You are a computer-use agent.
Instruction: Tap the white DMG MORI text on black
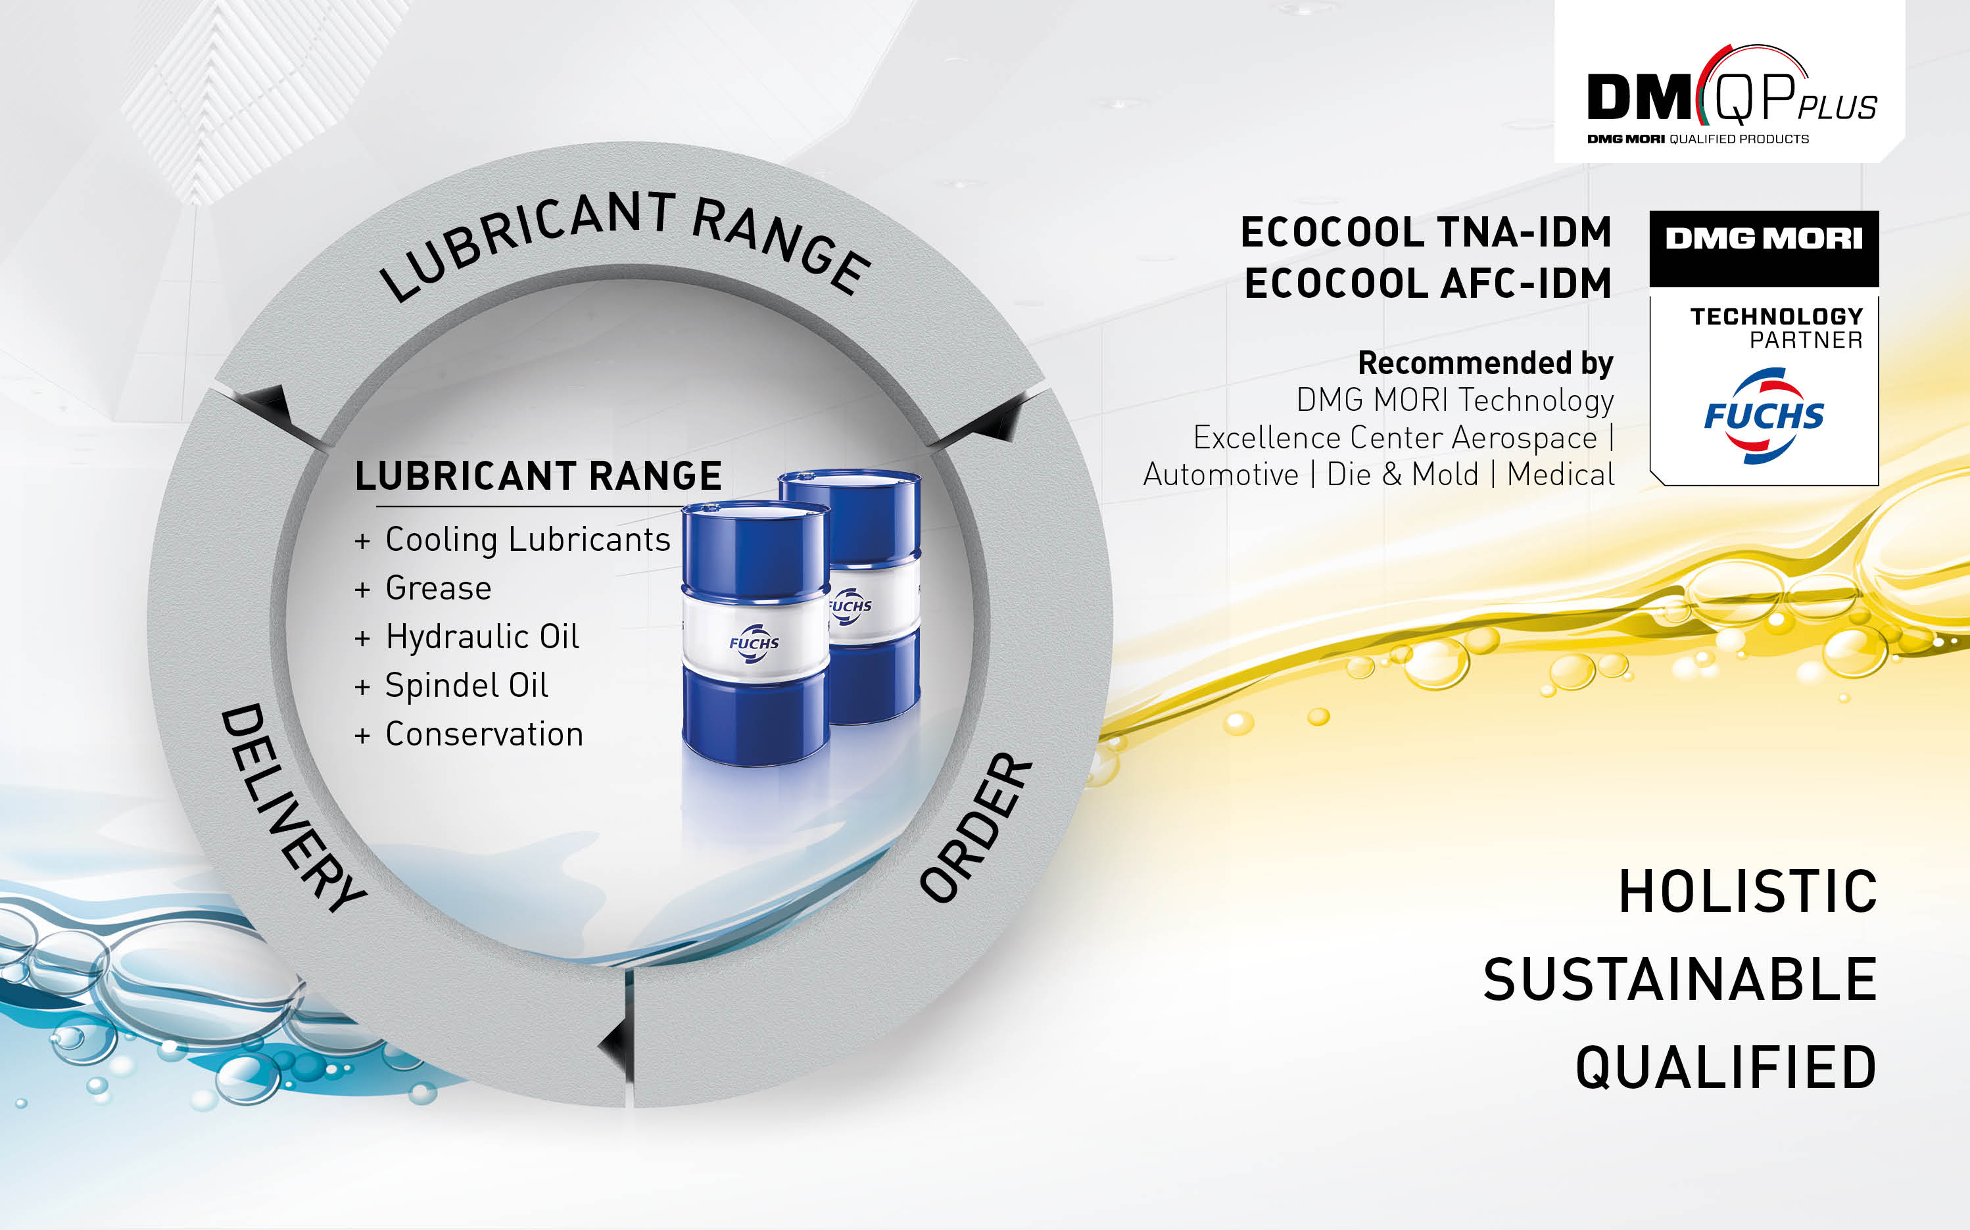tap(1764, 239)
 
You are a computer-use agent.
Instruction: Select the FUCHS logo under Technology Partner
tap(1764, 415)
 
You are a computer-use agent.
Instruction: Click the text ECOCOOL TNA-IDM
tap(1426, 232)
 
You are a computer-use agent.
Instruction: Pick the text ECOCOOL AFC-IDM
tap(1428, 283)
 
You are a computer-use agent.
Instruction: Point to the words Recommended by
tap(1485, 363)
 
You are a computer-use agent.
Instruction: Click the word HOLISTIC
tap(1747, 891)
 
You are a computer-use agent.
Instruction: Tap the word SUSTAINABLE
tap(1679, 980)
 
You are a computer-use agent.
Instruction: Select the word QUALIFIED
tap(1726, 1068)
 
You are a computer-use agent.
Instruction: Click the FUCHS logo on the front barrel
tap(754, 644)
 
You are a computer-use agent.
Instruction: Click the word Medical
tap(1561, 474)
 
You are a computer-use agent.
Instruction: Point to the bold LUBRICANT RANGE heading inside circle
tap(538, 476)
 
